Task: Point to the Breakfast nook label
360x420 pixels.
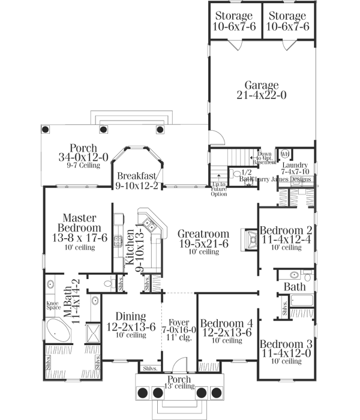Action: point(137,176)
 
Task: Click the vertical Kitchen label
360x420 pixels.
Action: point(130,252)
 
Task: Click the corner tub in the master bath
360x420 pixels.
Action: point(59,331)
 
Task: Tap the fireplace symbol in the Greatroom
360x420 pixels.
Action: point(246,238)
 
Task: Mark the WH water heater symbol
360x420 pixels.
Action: point(284,153)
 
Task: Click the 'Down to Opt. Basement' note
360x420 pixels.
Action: point(264,158)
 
